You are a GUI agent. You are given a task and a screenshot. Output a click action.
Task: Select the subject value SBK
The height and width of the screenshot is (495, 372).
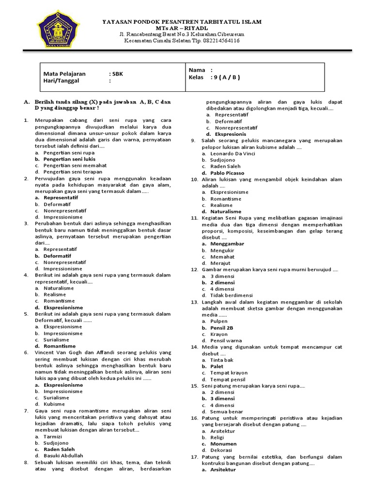[x=118, y=74]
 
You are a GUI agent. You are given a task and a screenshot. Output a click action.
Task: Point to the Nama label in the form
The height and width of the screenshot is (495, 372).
[x=197, y=70]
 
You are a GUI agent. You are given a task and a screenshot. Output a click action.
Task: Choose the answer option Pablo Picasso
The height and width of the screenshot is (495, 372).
[x=227, y=173]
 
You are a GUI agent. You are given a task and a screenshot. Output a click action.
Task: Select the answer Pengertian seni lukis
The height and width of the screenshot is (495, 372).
[x=69, y=159]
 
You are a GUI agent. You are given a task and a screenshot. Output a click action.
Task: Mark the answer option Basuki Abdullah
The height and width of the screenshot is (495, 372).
[x=63, y=455]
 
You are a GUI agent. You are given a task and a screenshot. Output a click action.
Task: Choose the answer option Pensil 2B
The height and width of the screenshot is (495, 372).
[x=222, y=328]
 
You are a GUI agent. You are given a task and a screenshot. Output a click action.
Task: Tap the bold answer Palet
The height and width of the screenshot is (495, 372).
[x=217, y=366]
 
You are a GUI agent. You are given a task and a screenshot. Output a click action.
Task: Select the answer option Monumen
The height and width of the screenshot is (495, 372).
[x=223, y=444]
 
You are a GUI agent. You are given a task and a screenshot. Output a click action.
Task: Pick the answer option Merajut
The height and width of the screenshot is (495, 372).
[x=220, y=263]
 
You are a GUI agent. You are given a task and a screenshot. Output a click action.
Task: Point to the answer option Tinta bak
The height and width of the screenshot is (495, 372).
[x=222, y=360]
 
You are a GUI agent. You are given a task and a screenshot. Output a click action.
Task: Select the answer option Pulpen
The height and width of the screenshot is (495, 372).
[x=218, y=321]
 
